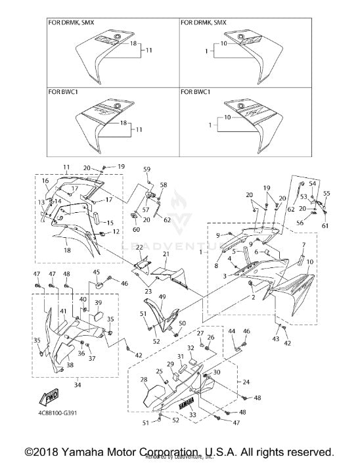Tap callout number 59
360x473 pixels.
(x=147, y=169)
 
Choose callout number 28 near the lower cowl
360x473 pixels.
(x=143, y=380)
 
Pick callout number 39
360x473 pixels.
(x=98, y=302)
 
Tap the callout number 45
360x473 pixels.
(x=96, y=272)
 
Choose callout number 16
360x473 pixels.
(x=45, y=180)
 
